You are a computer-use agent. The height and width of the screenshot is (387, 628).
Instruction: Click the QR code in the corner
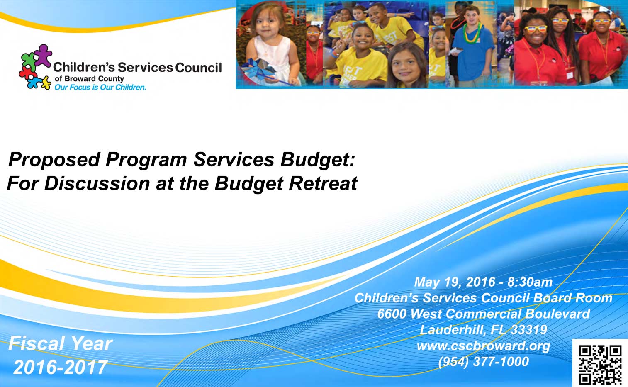point(600,365)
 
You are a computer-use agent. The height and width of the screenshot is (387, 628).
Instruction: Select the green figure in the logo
point(29,61)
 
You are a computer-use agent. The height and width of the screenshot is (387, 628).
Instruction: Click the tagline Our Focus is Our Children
point(100,88)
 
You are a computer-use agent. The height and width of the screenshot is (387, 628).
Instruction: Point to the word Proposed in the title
point(54,160)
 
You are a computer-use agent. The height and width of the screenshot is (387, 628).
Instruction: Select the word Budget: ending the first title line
point(318,160)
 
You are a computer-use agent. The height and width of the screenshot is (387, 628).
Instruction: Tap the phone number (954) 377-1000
point(483,361)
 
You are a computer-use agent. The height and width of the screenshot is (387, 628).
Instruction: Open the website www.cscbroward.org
point(483,346)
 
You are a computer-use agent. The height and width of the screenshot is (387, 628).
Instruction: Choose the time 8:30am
point(530,282)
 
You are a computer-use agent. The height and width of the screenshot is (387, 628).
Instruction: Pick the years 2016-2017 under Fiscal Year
point(61,368)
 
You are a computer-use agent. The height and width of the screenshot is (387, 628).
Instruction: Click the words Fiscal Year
point(61,343)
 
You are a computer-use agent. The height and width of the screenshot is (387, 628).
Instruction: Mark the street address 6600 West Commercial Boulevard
point(483,314)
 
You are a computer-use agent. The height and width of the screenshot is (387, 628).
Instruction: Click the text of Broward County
point(89,79)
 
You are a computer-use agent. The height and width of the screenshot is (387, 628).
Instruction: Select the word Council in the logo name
point(199,68)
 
